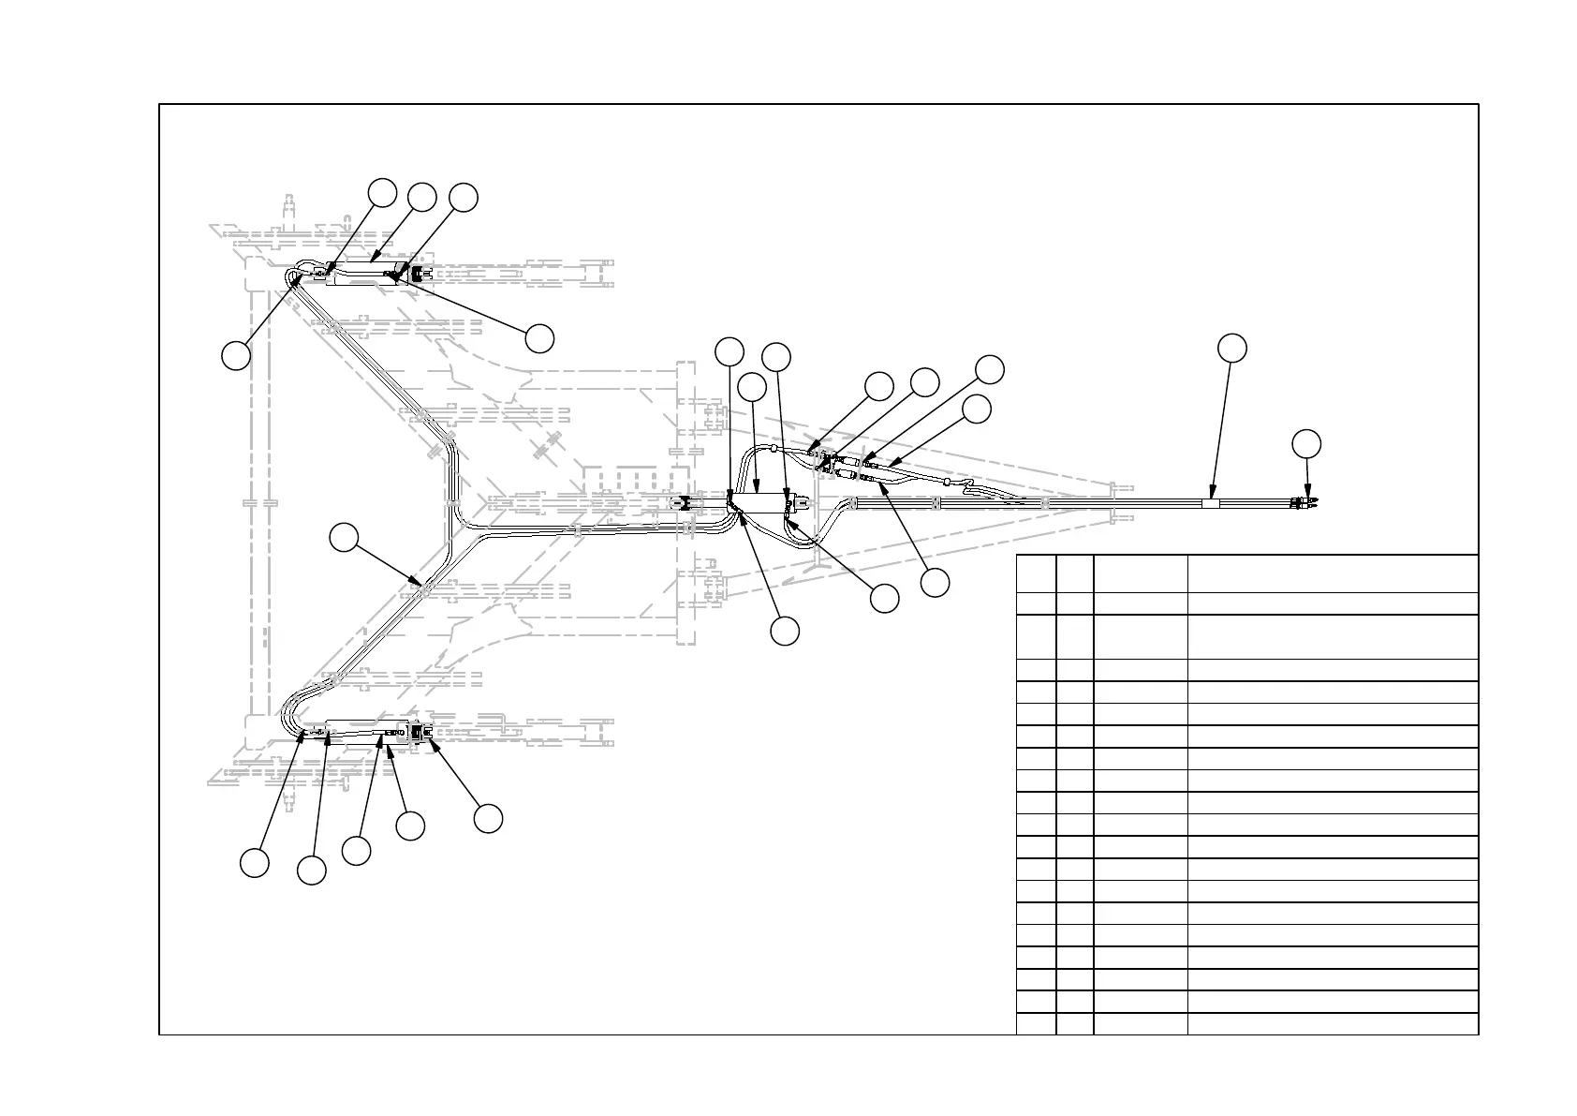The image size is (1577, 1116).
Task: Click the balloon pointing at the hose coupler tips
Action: tap(1307, 444)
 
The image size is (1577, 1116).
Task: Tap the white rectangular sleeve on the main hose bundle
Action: tap(1211, 503)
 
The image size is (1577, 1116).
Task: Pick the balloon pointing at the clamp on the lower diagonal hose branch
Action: tap(345, 538)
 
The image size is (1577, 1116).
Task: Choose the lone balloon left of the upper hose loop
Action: tap(236, 355)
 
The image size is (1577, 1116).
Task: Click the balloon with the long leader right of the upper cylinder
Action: tap(539, 338)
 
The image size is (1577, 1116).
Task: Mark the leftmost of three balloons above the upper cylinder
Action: tap(381, 191)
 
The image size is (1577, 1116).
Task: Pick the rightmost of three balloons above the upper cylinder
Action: tap(464, 198)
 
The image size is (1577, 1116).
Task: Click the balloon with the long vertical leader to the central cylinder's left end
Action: tap(730, 351)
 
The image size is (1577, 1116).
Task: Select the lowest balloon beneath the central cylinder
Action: tap(786, 631)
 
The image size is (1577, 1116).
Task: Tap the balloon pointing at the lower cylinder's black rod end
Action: tap(488, 818)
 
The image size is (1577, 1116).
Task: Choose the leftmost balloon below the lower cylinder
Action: tap(255, 862)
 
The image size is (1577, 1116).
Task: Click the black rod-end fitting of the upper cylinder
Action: tap(418, 273)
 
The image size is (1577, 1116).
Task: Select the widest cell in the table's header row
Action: tap(1333, 573)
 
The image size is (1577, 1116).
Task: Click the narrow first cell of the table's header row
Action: tap(1036, 573)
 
